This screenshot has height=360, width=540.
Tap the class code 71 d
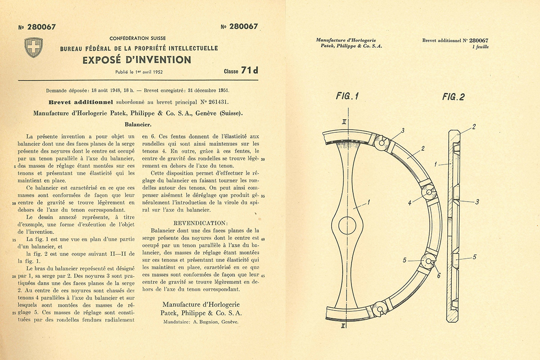pos(247,71)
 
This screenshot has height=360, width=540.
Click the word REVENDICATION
pos(201,223)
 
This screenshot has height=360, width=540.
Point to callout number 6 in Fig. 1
pos(438,275)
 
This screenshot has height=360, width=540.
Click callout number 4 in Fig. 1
pos(409,203)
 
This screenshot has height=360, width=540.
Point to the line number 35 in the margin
pos(262,196)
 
